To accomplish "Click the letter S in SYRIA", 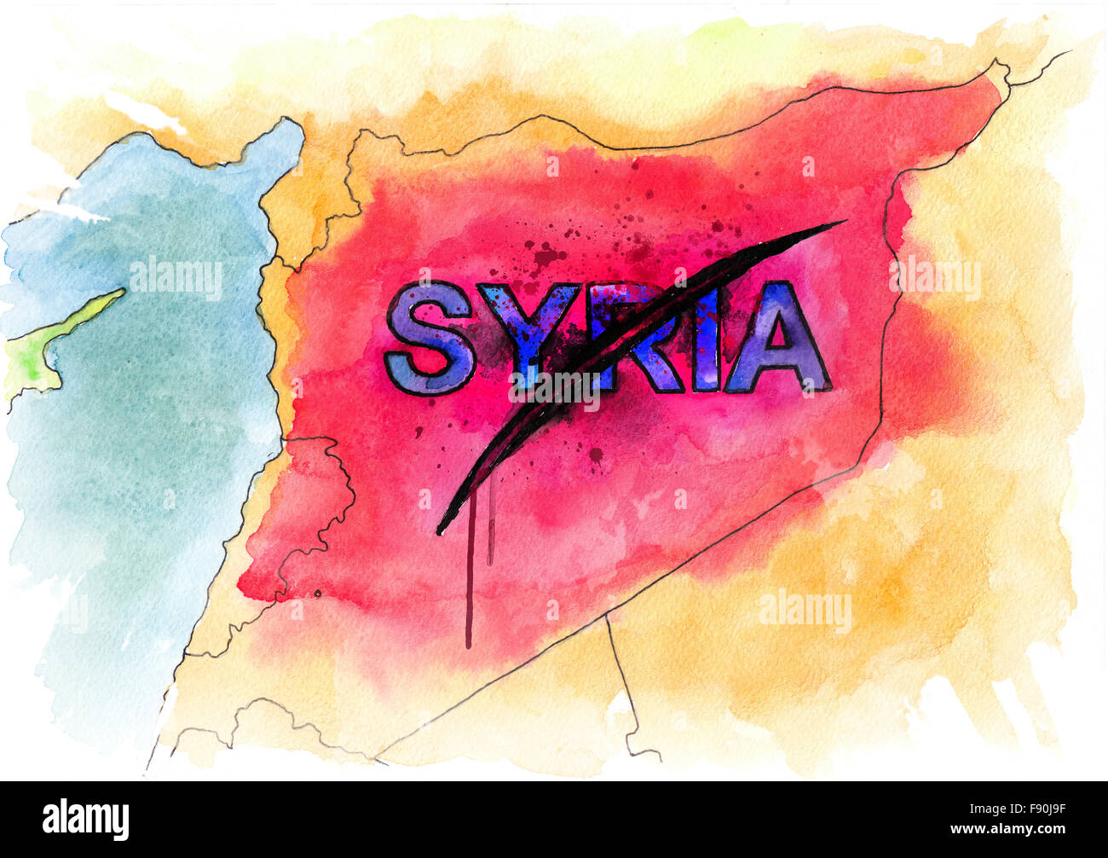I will click(429, 338).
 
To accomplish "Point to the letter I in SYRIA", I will click(705, 337).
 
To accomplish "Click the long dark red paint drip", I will click(468, 588).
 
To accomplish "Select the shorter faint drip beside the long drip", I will click(490, 529).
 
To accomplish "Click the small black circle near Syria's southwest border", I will click(318, 593).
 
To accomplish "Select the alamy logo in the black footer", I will click(85, 819).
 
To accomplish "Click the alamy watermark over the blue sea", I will click(176, 278).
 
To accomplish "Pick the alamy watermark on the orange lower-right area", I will click(805, 611).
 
